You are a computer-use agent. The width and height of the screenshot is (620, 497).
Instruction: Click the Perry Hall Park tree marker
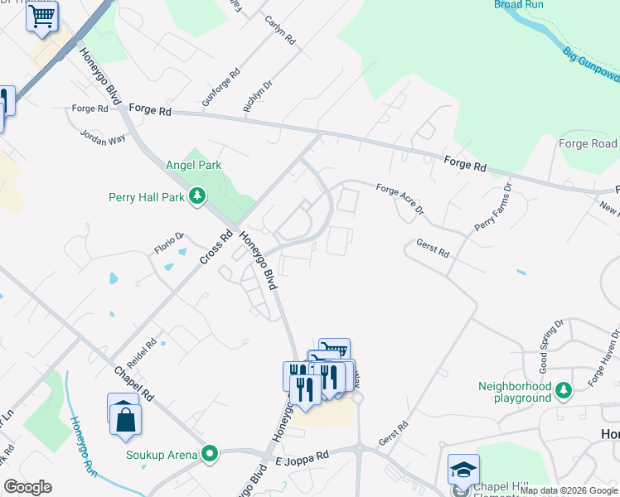[x=197, y=196]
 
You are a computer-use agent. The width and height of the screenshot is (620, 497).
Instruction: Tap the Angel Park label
[x=194, y=165]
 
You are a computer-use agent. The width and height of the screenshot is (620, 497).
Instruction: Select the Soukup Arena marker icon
[x=210, y=454]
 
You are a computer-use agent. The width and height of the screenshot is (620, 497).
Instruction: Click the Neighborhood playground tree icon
[x=564, y=388]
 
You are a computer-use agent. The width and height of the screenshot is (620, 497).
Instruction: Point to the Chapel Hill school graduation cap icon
[x=463, y=470]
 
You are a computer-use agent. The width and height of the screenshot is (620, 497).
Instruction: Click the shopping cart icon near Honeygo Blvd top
[x=42, y=16]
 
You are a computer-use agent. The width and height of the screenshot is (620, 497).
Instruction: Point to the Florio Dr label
[x=168, y=243]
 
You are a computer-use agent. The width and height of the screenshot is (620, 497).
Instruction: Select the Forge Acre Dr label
[x=400, y=200]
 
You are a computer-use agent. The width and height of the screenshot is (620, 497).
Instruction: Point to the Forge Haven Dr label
[x=603, y=365]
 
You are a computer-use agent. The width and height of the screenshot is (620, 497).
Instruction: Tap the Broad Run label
[x=519, y=5]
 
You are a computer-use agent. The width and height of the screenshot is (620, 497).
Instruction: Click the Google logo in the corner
[x=28, y=486]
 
